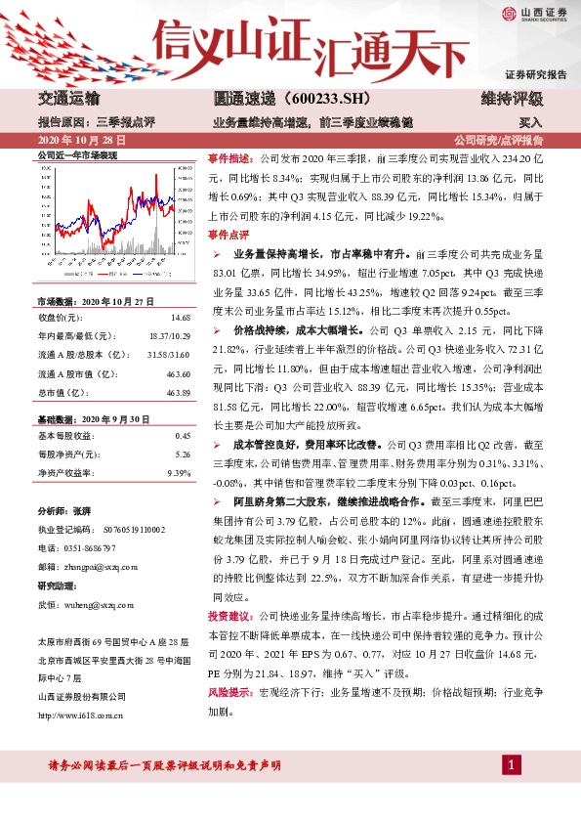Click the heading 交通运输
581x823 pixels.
click(x=68, y=100)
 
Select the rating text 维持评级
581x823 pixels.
click(x=512, y=100)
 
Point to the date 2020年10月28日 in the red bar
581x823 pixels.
click(x=73, y=140)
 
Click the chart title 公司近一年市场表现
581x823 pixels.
click(x=76, y=155)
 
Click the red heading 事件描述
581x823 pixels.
click(x=228, y=157)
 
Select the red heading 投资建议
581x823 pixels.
click(x=228, y=617)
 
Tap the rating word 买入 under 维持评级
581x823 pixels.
click(x=530, y=124)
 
